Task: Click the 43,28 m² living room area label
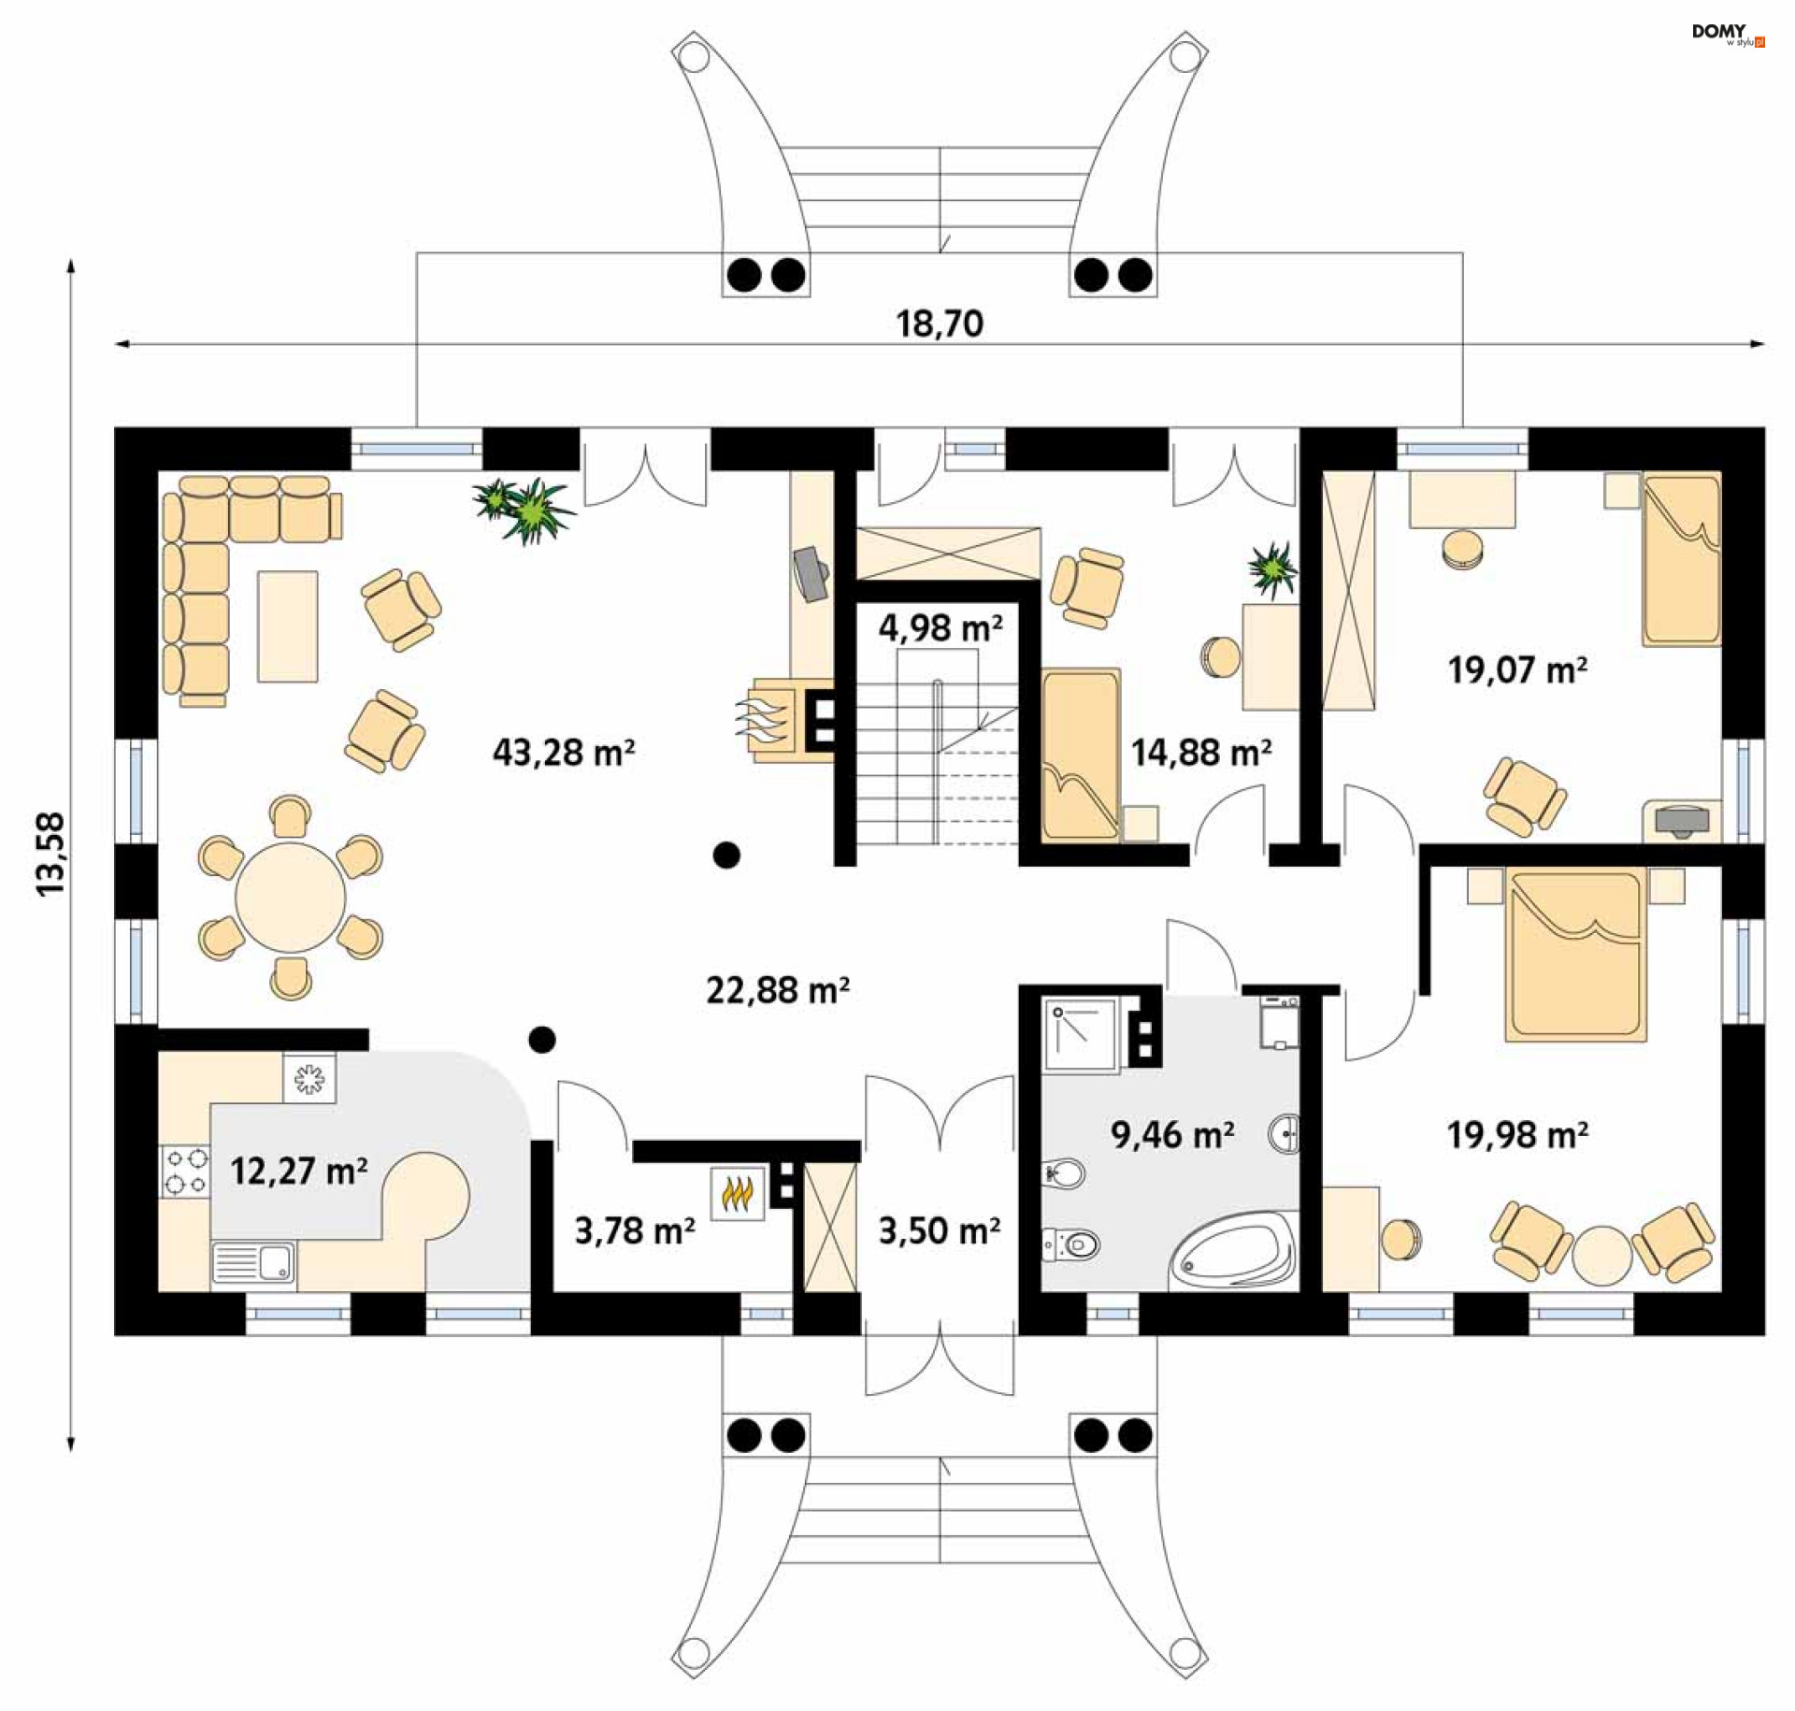[x=563, y=753]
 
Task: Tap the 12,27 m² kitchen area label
[x=298, y=1171]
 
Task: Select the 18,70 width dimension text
[x=939, y=324]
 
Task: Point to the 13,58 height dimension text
[x=50, y=854]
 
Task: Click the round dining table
[x=290, y=898]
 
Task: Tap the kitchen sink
[x=253, y=1263]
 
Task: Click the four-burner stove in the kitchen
[x=185, y=1172]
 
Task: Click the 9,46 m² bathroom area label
[x=1171, y=1135]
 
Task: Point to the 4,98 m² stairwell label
[x=940, y=627]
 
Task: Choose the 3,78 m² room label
[x=634, y=1231]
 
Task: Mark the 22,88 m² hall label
[x=777, y=990]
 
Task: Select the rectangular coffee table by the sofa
[x=288, y=626]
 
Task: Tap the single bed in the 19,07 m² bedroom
[x=1681, y=560]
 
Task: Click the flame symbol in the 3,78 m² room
[x=737, y=1194]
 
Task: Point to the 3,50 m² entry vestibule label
[x=939, y=1231]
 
